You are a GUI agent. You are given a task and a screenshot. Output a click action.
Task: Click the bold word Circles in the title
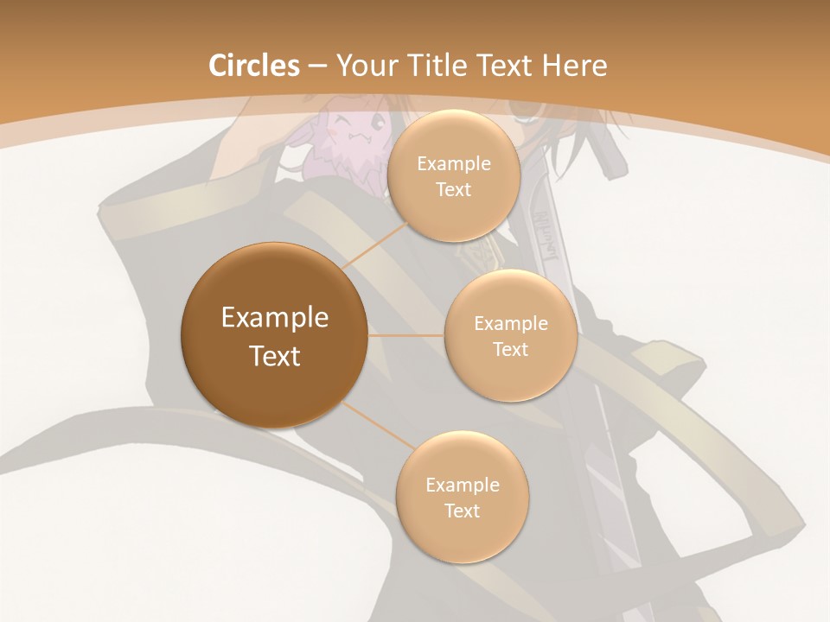tap(254, 66)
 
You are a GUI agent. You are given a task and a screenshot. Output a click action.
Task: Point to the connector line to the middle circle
tap(406, 335)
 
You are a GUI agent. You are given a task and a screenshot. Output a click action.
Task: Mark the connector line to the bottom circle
tap(379, 428)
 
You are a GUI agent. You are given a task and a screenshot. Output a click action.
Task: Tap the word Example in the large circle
tap(275, 318)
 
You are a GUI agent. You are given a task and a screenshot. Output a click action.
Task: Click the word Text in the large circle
tap(275, 356)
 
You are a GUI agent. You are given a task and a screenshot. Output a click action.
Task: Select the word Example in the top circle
tap(454, 164)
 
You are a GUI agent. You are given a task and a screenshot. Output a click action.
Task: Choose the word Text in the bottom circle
tap(462, 511)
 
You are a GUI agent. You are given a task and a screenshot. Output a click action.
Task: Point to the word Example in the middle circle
tap(511, 324)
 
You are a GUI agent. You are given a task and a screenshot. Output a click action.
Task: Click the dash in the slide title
tap(317, 67)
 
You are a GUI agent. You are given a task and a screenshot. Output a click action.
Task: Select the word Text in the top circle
tap(453, 189)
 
